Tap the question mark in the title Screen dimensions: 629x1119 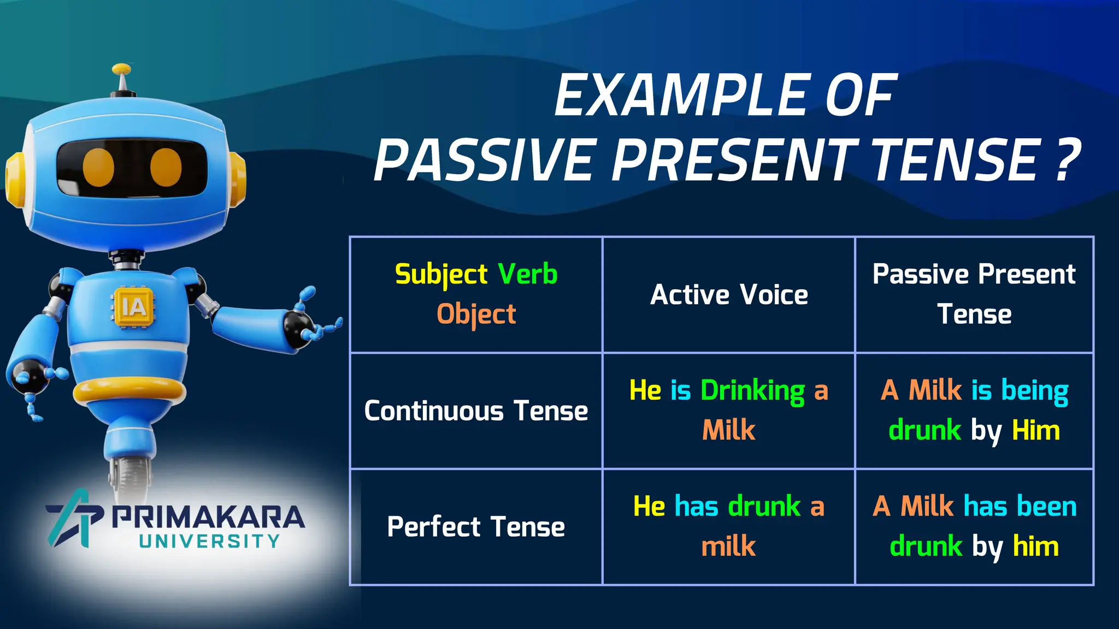(1065, 159)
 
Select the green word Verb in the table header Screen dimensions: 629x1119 (527, 274)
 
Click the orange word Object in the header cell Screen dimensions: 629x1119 (476, 314)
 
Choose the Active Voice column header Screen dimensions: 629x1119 (729, 295)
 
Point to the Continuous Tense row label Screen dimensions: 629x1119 (476, 411)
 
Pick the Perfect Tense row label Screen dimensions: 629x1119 (476, 527)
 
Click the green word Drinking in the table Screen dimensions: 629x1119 (752, 391)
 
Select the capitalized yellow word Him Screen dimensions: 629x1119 (1036, 430)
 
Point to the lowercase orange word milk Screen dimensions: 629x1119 (728, 546)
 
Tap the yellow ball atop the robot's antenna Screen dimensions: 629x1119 (121, 69)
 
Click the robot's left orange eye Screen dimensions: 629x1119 (98, 167)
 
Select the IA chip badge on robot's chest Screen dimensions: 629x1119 (134, 307)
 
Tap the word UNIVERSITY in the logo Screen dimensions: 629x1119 (209, 541)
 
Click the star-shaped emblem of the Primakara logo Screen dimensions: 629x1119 (74, 518)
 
